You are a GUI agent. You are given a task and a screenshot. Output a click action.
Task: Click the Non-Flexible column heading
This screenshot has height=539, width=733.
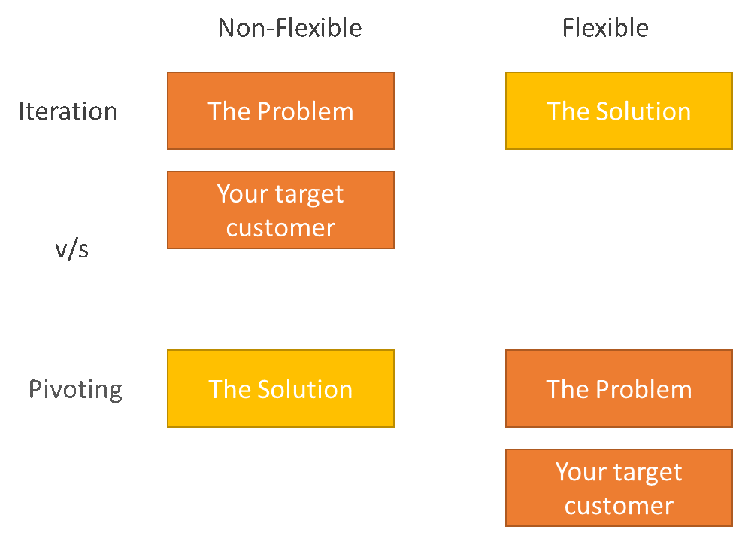pyautogui.click(x=290, y=28)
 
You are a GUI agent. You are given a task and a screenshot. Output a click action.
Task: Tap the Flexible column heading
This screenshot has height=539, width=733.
pyautogui.click(x=605, y=28)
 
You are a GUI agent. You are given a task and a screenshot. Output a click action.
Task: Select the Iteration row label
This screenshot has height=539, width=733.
pyautogui.click(x=68, y=111)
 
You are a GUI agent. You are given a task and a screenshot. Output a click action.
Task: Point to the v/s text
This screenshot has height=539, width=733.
pyautogui.click(x=71, y=249)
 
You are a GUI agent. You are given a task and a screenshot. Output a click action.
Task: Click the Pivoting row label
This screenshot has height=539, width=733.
pyautogui.click(x=76, y=390)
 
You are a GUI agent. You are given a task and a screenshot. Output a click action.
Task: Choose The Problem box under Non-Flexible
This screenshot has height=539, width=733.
pyautogui.click(x=280, y=111)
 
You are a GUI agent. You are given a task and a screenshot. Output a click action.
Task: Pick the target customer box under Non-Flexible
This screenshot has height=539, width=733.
pyautogui.click(x=280, y=210)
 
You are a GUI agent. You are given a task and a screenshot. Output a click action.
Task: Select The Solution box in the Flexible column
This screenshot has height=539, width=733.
pyautogui.click(x=619, y=111)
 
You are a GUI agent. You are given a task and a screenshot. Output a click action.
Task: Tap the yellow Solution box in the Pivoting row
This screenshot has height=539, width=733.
pyautogui.click(x=280, y=388)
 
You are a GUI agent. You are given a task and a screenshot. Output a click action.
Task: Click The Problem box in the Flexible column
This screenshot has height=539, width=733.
pyautogui.click(x=619, y=388)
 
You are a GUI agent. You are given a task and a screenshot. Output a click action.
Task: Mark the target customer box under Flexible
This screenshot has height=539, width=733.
pyautogui.click(x=619, y=488)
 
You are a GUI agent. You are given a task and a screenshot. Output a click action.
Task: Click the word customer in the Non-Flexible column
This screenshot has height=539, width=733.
pyautogui.click(x=280, y=228)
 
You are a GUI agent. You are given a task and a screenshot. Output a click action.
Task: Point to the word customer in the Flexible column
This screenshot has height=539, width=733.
pyautogui.click(x=619, y=506)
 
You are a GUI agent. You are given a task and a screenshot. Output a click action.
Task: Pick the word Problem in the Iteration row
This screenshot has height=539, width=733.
pyautogui.click(x=305, y=111)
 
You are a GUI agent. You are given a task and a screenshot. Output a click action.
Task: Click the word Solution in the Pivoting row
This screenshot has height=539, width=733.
pyautogui.click(x=304, y=390)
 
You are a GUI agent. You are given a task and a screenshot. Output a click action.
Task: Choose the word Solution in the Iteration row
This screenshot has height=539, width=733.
pyautogui.click(x=644, y=111)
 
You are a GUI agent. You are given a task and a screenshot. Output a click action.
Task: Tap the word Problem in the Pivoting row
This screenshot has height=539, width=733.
pyautogui.click(x=644, y=390)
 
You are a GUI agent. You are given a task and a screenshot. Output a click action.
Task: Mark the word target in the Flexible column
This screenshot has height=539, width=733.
pyautogui.click(x=647, y=473)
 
